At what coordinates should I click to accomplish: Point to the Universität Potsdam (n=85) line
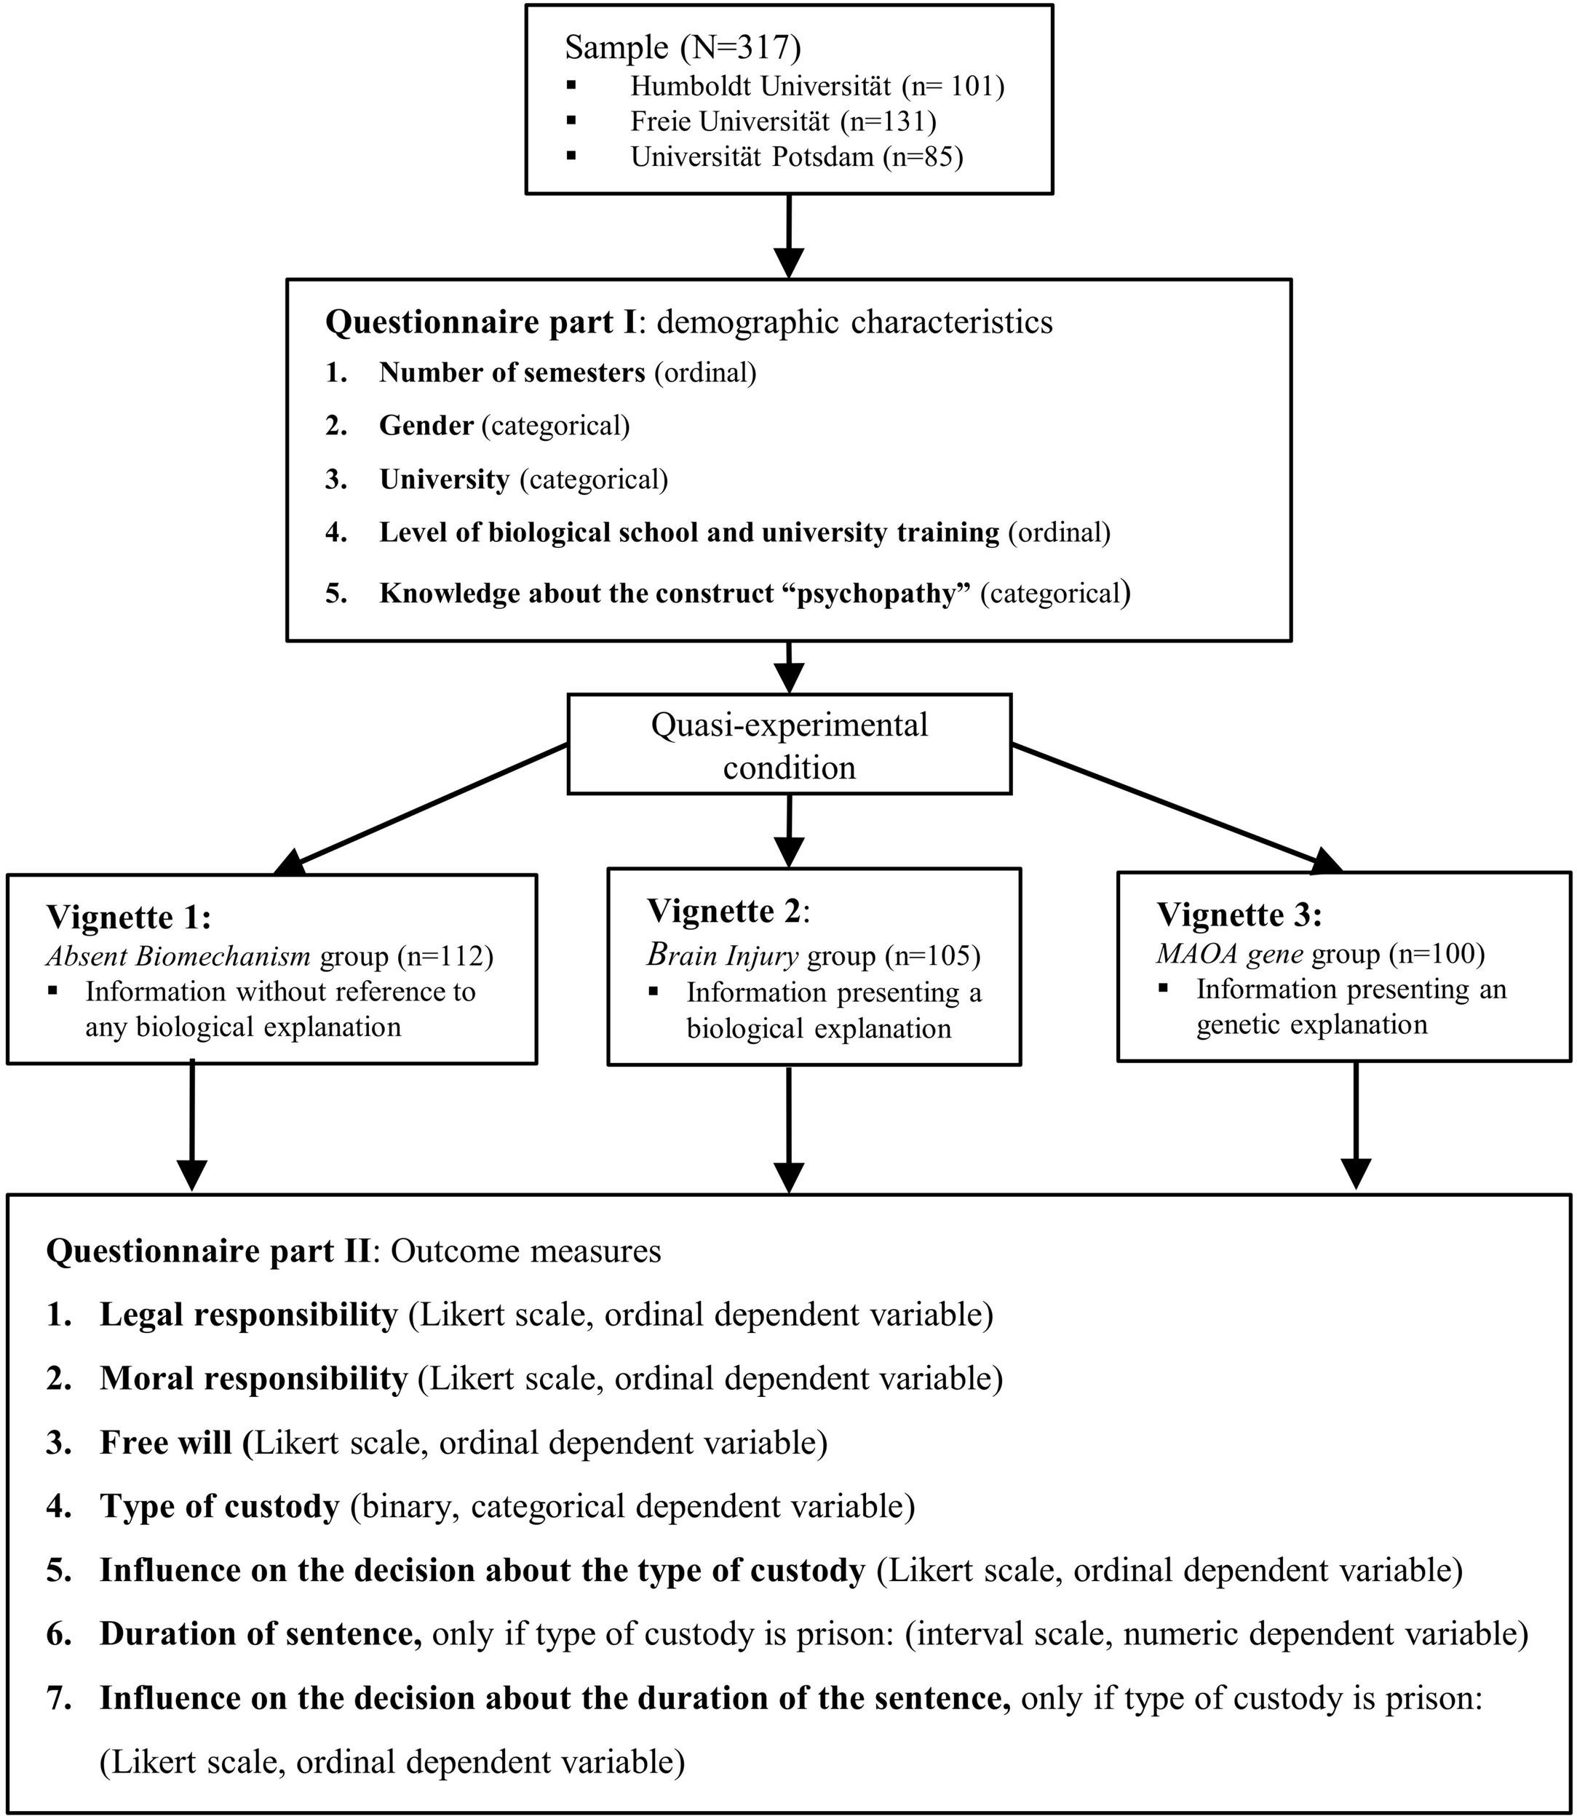[x=796, y=156]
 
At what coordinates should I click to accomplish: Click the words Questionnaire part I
[x=480, y=322]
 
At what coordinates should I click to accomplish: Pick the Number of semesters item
[x=512, y=373]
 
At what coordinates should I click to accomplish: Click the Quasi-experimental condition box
[x=789, y=745]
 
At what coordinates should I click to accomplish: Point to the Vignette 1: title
[x=129, y=917]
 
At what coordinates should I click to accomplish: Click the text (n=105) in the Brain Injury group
[x=932, y=955]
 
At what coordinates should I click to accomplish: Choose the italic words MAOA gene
[x=1229, y=954]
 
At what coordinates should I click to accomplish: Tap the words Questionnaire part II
[x=207, y=1251]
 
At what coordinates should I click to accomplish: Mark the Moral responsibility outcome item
[x=253, y=1379]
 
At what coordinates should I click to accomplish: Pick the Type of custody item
[x=219, y=1507]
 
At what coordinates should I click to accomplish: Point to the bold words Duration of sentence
[x=261, y=1634]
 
